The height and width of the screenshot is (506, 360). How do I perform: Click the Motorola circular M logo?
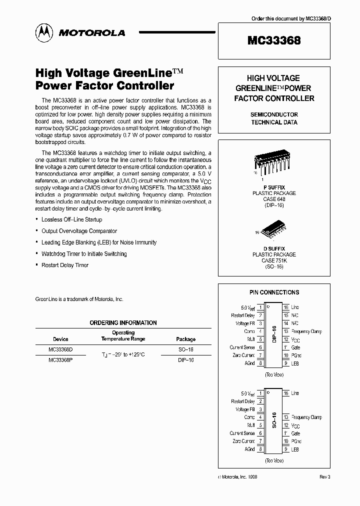click(x=44, y=32)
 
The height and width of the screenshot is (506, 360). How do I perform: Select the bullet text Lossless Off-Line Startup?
click(x=71, y=219)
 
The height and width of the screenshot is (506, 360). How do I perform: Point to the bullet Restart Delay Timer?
click(x=65, y=265)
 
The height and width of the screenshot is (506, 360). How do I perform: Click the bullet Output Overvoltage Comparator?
click(x=79, y=231)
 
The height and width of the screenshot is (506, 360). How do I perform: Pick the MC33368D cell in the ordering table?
click(x=60, y=349)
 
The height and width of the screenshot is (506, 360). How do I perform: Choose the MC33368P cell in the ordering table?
click(x=60, y=359)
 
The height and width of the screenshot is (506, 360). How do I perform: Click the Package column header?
click(x=186, y=339)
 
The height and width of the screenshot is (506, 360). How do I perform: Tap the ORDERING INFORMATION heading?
click(x=123, y=323)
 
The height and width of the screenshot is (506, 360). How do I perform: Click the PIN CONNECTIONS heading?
click(x=274, y=292)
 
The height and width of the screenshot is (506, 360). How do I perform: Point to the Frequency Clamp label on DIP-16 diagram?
click(x=306, y=331)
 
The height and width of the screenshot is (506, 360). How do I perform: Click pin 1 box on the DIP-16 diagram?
click(x=260, y=307)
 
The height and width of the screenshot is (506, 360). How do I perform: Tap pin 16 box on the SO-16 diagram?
click(x=286, y=393)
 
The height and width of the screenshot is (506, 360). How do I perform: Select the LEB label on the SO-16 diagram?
click(x=295, y=449)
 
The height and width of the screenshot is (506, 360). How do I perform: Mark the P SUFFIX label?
click(x=274, y=186)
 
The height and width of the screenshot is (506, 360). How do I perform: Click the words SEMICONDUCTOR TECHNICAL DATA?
click(x=274, y=118)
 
